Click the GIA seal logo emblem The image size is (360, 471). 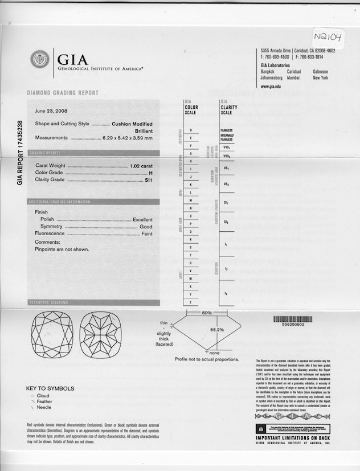(x=40, y=60)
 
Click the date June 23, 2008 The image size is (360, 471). (x=51, y=112)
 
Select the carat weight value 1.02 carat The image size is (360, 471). (x=141, y=165)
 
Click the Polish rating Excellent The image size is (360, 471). (x=142, y=219)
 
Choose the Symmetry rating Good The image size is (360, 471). (x=146, y=227)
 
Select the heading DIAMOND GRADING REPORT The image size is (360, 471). (x=63, y=93)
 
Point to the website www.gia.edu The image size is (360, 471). (x=271, y=87)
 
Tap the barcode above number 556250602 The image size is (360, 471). (x=293, y=319)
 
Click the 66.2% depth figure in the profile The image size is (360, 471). (x=217, y=330)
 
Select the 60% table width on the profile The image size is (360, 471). (x=207, y=313)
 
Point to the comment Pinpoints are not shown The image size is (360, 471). (x=62, y=249)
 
